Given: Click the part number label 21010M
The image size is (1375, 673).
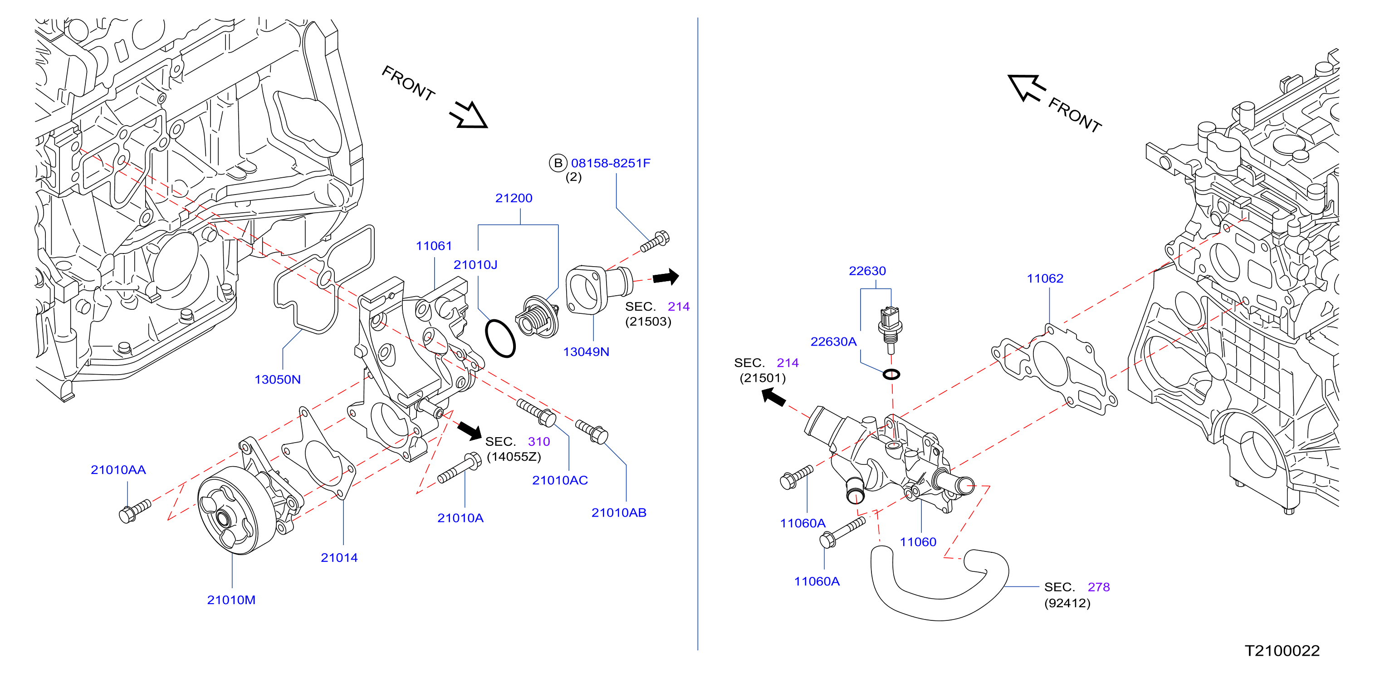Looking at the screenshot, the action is [231, 600].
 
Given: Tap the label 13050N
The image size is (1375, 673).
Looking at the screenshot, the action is [278, 380].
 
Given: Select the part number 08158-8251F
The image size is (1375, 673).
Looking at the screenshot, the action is [611, 163].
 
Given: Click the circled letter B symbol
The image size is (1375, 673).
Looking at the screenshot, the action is [558, 163].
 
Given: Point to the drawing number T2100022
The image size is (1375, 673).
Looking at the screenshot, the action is [1282, 651].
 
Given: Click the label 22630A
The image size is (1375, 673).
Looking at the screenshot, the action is [833, 341].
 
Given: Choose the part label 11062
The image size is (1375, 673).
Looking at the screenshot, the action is [1045, 278].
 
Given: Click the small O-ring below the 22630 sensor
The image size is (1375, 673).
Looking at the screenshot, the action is [891, 374].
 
